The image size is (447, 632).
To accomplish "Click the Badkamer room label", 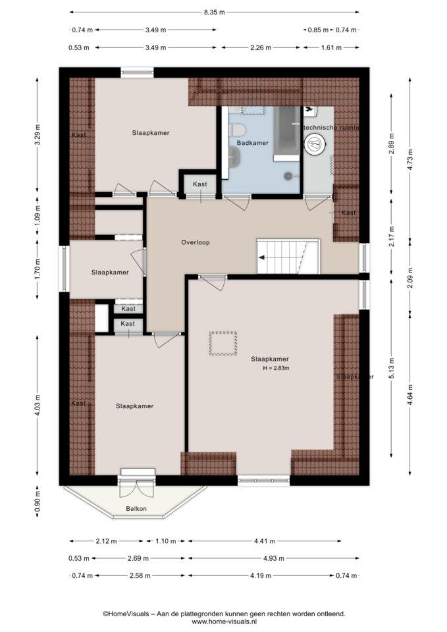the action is click(252, 143).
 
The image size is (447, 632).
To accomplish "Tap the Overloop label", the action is click(196, 243).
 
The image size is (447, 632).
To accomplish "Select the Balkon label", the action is click(136, 509).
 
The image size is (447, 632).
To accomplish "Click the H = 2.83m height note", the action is click(276, 368).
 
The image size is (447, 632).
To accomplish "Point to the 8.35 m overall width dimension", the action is click(214, 12).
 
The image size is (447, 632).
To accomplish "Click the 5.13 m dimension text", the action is click(392, 367).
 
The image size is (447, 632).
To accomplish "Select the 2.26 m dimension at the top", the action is click(261, 47).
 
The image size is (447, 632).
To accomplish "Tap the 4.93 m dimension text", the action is click(274, 558).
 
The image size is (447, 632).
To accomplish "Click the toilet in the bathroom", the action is click(238, 130).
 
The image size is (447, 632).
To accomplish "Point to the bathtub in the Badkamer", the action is click(287, 134).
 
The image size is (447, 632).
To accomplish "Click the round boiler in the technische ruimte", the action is click(314, 144).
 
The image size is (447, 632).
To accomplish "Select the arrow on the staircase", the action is click(262, 257).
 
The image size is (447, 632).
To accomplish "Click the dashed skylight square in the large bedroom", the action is click(223, 344).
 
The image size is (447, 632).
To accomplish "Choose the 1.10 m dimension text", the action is click(166, 541).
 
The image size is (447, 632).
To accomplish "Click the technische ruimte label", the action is click(330, 127).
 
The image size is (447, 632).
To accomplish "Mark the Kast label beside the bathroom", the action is click(200, 184).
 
